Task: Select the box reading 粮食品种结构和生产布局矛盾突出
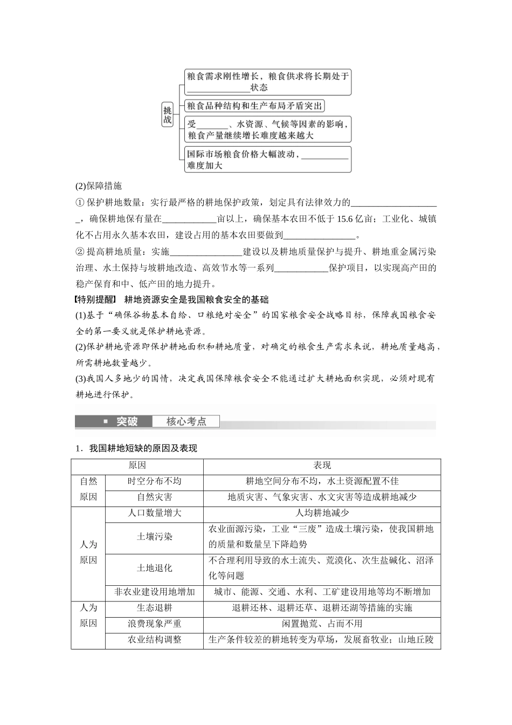point(254,106)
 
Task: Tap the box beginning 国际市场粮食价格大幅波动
point(267,160)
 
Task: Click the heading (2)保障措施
point(99,186)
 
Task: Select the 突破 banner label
point(127,422)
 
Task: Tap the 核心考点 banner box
point(186,422)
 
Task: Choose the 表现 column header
point(322,466)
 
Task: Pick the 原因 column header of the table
point(137,466)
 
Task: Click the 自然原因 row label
point(88,489)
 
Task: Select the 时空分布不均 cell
point(154,481)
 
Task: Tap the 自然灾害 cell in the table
point(154,497)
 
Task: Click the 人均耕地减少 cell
point(322,513)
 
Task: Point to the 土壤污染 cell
point(154,537)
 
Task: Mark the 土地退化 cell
point(154,568)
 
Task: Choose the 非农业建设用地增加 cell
point(154,592)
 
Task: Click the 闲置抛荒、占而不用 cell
point(322,624)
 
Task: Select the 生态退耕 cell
point(154,608)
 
